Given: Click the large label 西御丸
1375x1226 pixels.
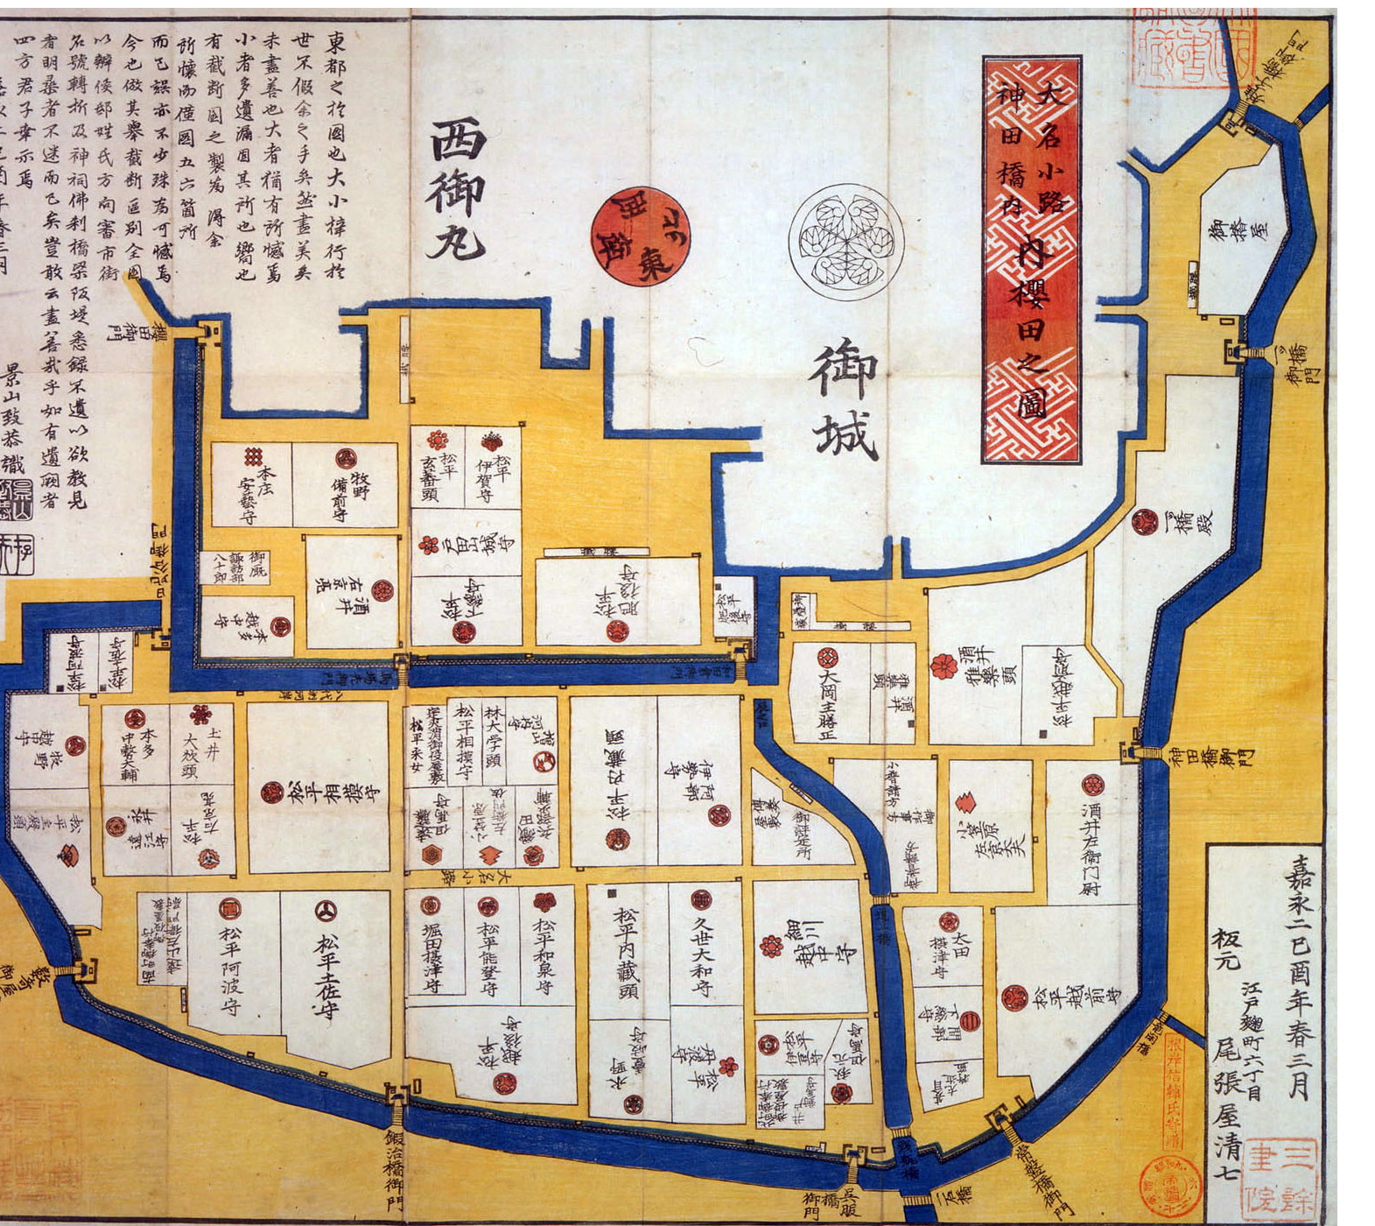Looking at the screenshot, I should (x=457, y=191).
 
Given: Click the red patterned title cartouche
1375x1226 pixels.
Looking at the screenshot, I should (x=1031, y=259).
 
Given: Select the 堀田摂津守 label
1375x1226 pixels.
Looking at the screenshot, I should (x=431, y=961).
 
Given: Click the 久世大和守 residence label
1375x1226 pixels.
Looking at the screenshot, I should (x=703, y=958).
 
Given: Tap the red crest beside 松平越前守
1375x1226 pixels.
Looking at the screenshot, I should (x=1014, y=997).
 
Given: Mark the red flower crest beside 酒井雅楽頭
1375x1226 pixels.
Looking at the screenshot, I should (x=944, y=666).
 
